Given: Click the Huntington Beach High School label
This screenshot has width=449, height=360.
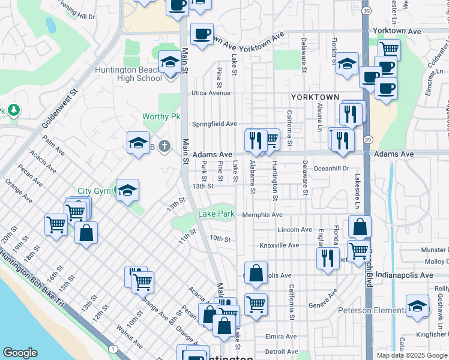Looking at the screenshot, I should point(127,74).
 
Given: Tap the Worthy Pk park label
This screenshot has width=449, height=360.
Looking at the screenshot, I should point(161,116).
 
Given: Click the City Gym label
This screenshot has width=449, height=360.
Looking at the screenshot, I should point(95,191).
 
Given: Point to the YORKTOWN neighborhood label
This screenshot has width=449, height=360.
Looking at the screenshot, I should point(315,97).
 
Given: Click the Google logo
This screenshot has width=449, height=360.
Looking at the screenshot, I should point(20,353).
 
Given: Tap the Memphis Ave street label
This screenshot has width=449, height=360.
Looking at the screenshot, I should point(262,215).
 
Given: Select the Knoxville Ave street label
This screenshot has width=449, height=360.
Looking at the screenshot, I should point(279,245).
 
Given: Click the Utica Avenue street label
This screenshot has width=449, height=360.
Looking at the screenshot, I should point(211,93).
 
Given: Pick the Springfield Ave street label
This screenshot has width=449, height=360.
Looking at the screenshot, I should point(214,124).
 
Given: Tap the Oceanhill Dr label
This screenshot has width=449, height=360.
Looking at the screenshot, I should point(331,169).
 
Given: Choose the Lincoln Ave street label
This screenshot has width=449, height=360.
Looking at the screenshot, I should point(295,230).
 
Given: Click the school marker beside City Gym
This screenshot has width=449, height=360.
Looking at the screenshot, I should point(127,190).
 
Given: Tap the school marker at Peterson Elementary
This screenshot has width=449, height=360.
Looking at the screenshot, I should point(417,305).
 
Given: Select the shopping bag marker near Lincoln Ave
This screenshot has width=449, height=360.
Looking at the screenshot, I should point(360,227).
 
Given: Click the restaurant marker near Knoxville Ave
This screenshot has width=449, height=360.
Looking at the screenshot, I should point(327,257).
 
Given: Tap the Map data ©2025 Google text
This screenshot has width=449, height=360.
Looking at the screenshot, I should point(412,355).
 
